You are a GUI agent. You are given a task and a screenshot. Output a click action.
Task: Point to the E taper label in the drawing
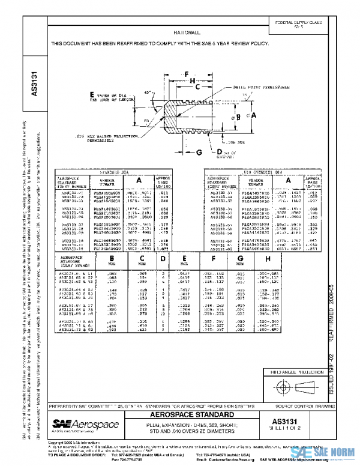click(92, 95)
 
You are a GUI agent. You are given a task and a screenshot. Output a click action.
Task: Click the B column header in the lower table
click(111, 259)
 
